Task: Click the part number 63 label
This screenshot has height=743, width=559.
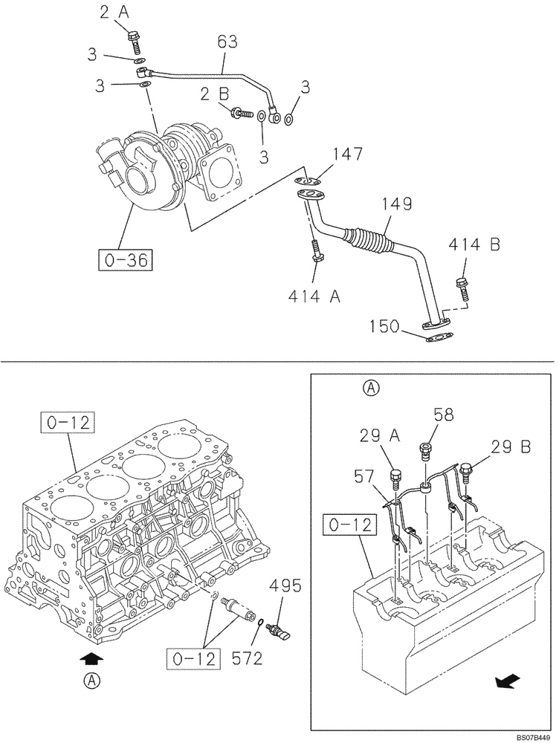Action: click(227, 42)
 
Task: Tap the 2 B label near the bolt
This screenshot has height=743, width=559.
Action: click(213, 94)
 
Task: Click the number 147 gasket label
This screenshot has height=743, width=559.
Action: click(348, 155)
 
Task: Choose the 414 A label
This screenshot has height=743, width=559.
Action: click(314, 296)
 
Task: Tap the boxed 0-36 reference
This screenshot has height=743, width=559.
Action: click(124, 260)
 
